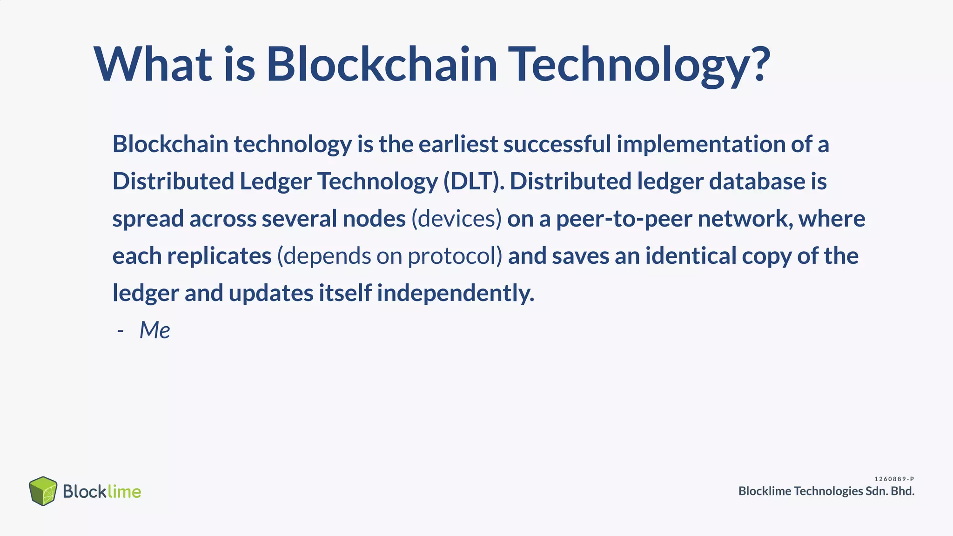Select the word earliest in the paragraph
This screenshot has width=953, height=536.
pos(458,144)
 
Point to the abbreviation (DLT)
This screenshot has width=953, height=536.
pos(473,181)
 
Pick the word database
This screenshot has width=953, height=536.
pos(757,181)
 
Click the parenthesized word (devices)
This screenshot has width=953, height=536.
pos(456,219)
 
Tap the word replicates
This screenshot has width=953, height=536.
pos(219,256)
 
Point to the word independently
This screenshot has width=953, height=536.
pos(455,293)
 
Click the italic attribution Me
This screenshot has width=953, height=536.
pos(154,330)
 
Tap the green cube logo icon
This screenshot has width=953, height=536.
pos(43,491)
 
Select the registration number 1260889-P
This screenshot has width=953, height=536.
pos(894,479)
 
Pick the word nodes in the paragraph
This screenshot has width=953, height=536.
pos(374,219)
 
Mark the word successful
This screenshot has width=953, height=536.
pos(557,144)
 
